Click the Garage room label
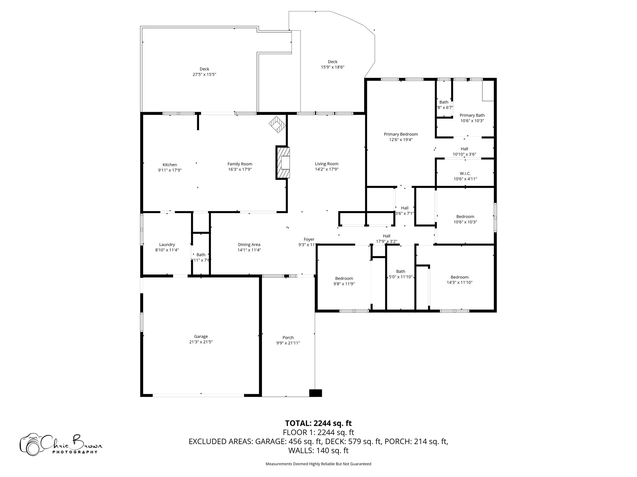201,336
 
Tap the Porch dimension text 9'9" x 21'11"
288,343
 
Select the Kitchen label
170,165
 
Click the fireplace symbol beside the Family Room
282,163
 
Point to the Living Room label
326,164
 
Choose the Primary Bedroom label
401,134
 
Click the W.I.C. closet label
465,173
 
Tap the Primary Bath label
472,115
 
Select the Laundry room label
167,244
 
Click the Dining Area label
249,244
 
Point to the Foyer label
309,239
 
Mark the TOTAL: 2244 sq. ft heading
318,423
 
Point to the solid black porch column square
315,393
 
